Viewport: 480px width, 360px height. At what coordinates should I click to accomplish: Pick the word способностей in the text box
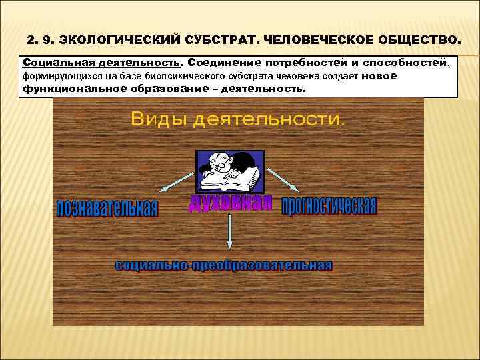click(407, 63)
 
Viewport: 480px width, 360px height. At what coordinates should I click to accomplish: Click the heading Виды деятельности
click(238, 119)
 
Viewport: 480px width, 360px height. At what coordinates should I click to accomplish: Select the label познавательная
click(107, 209)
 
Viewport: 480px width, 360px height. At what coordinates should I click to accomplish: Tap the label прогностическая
click(329, 207)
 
